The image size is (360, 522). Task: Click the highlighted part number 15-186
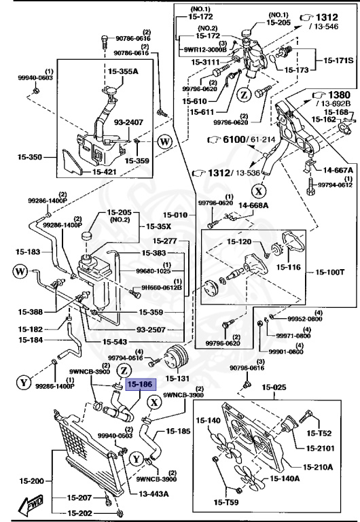pos(142,385)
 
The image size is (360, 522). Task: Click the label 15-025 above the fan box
pos(276,387)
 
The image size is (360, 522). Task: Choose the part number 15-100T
pos(332,273)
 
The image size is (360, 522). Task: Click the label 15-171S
pos(337,61)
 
